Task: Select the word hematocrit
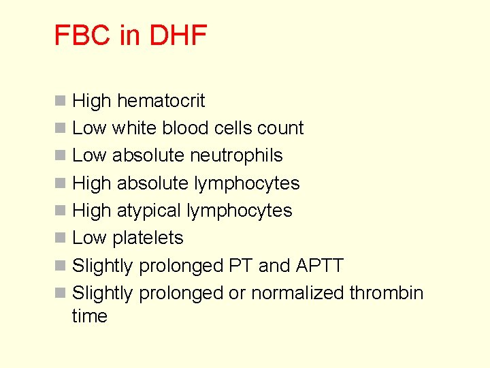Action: pyautogui.click(x=161, y=101)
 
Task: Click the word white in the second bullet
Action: pyautogui.click(x=135, y=128)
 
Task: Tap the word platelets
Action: pyautogui.click(x=148, y=238)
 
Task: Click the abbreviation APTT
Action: pyautogui.click(x=319, y=265)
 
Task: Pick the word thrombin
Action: pyautogui.click(x=387, y=293)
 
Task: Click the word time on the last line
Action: pyautogui.click(x=89, y=316)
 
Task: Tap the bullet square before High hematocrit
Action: pyautogui.click(x=61, y=102)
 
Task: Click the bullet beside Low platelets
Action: pyautogui.click(x=61, y=239)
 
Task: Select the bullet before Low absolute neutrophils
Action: pyautogui.click(x=61, y=156)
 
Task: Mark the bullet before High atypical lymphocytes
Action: pyautogui.click(x=61, y=211)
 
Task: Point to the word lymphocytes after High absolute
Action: pyautogui.click(x=247, y=183)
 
